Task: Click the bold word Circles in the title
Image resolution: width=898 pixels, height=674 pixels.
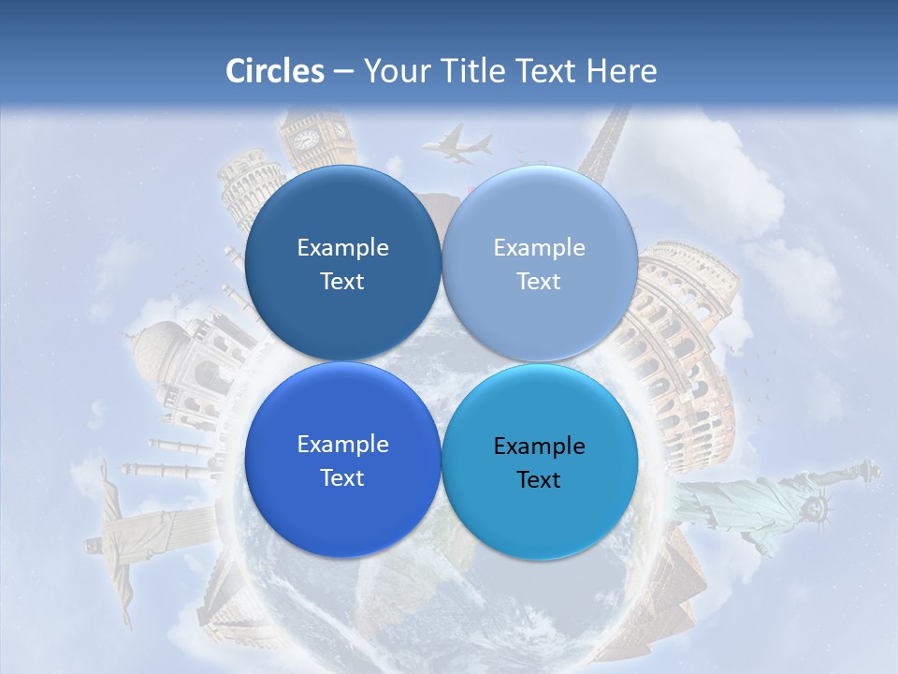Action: tap(274, 71)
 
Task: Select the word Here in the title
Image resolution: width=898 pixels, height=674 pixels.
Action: tap(621, 71)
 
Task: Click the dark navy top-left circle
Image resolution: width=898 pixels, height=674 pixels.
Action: tap(342, 264)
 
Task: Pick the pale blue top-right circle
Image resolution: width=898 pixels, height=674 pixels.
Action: tap(540, 264)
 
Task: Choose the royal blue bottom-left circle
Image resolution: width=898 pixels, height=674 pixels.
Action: tap(342, 461)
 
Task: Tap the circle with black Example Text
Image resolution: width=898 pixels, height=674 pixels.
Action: tap(540, 462)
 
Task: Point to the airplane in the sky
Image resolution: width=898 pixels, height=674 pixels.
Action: tap(457, 144)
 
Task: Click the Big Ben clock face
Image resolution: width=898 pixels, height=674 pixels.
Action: tap(307, 139)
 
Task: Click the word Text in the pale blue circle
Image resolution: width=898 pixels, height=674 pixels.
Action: tap(539, 281)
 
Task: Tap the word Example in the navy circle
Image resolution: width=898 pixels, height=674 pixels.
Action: tap(342, 247)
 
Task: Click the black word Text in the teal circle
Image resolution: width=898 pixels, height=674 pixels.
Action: tap(539, 479)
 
